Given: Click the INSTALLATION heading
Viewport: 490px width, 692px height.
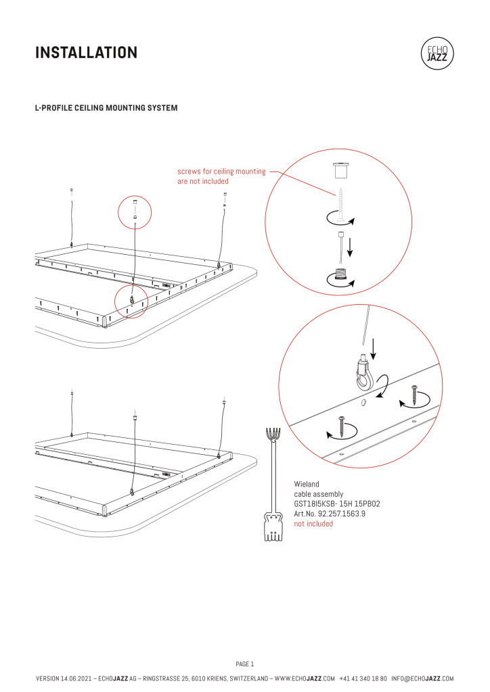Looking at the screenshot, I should coord(86,52).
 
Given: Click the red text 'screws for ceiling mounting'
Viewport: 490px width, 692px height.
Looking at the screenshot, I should coord(221,172).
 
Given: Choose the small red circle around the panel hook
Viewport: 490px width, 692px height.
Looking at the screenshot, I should coord(131,300).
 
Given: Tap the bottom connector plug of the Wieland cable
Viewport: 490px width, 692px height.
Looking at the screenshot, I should coord(272,526).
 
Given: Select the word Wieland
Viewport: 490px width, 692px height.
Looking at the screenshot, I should coord(306,485).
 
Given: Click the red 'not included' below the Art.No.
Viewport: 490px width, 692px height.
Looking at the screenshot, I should coord(313,524).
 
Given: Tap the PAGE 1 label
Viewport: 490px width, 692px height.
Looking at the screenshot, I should coord(244,664).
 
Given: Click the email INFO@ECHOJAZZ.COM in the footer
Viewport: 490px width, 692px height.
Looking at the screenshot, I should coord(422,678).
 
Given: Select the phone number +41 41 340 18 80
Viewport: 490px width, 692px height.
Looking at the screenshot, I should coord(363,678).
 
